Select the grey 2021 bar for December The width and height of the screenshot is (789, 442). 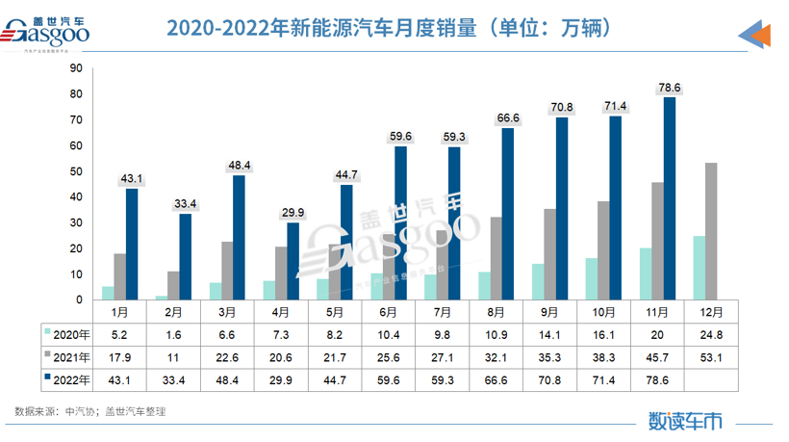[711, 231]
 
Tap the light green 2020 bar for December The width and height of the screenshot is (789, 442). [699, 267]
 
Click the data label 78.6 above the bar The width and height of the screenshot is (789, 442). [669, 87]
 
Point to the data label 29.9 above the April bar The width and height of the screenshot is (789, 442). [293, 213]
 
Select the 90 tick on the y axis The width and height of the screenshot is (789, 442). [76, 68]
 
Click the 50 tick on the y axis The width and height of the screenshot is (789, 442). [76, 171]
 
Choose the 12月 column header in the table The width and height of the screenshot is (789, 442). [711, 312]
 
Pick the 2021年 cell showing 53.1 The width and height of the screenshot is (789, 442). [711, 356]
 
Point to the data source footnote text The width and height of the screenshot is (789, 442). [90, 411]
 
